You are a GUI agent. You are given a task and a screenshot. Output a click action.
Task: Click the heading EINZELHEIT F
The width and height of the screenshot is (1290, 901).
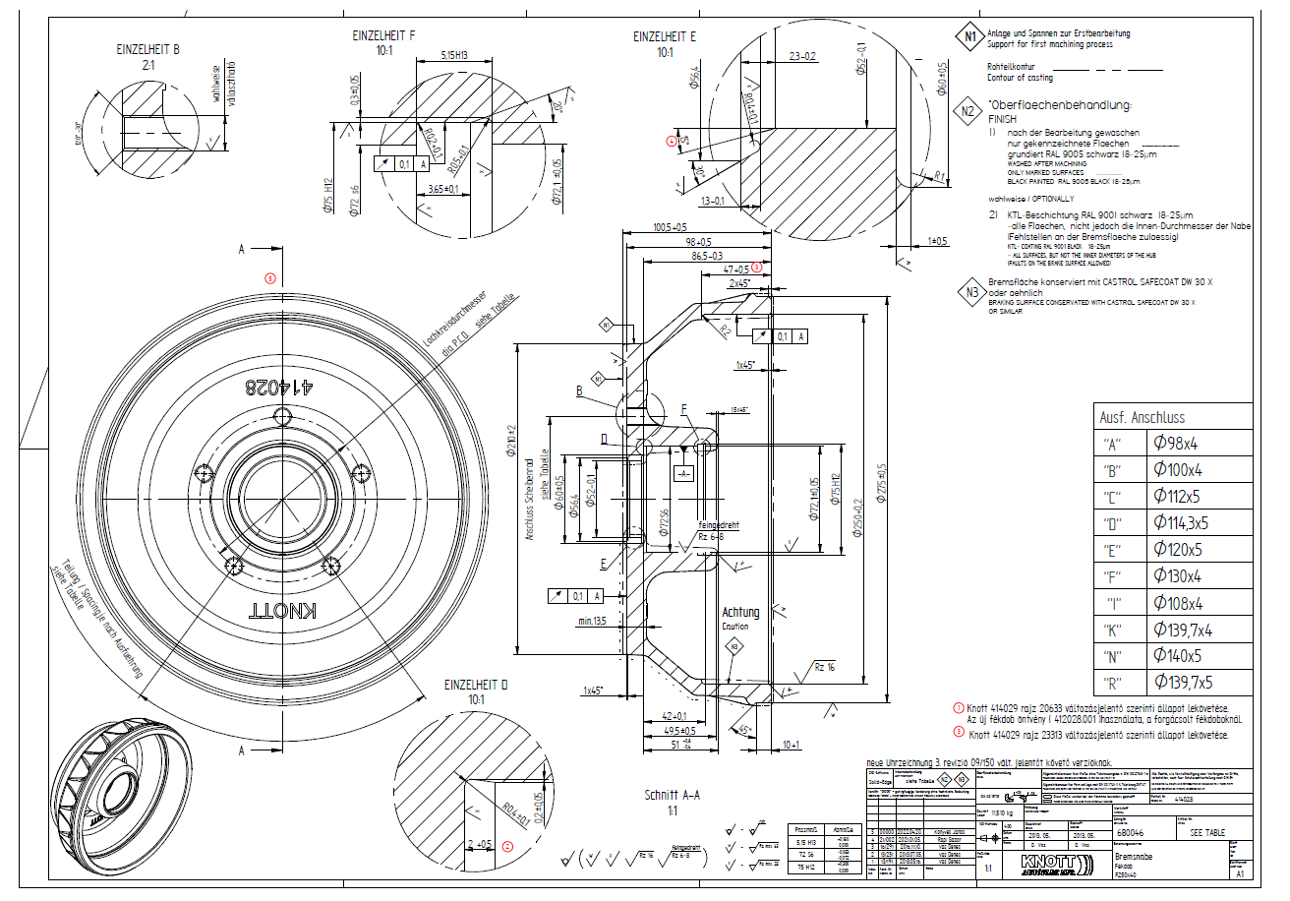(x=383, y=35)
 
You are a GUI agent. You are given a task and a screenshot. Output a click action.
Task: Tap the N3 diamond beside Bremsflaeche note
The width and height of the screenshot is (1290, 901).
(x=970, y=291)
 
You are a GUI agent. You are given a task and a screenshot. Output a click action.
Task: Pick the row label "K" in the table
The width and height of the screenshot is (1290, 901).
(x=1115, y=630)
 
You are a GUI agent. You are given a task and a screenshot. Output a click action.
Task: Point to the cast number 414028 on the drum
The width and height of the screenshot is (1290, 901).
(x=278, y=386)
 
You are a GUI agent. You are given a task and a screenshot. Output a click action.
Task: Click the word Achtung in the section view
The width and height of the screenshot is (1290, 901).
(x=741, y=612)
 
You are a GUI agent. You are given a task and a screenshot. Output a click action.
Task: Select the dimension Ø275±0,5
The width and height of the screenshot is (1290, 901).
(x=882, y=482)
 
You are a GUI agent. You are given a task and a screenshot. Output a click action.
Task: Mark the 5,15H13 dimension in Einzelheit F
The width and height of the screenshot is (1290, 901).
(x=453, y=55)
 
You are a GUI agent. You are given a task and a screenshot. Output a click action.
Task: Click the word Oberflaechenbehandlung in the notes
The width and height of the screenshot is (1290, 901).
(x=1062, y=105)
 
